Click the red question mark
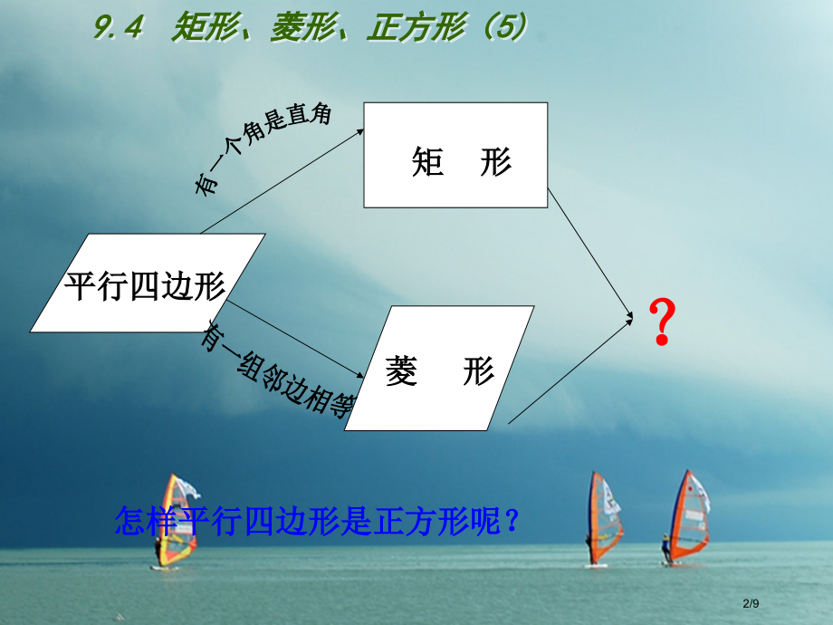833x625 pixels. point(663,322)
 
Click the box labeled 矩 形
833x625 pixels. point(455,155)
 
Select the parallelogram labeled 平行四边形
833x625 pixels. point(147,284)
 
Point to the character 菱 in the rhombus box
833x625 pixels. point(402,371)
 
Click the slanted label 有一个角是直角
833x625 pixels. point(263,147)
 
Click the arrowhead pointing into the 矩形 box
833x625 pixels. point(359,131)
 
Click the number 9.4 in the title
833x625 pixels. point(119,29)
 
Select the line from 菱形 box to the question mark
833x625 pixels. point(570,369)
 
